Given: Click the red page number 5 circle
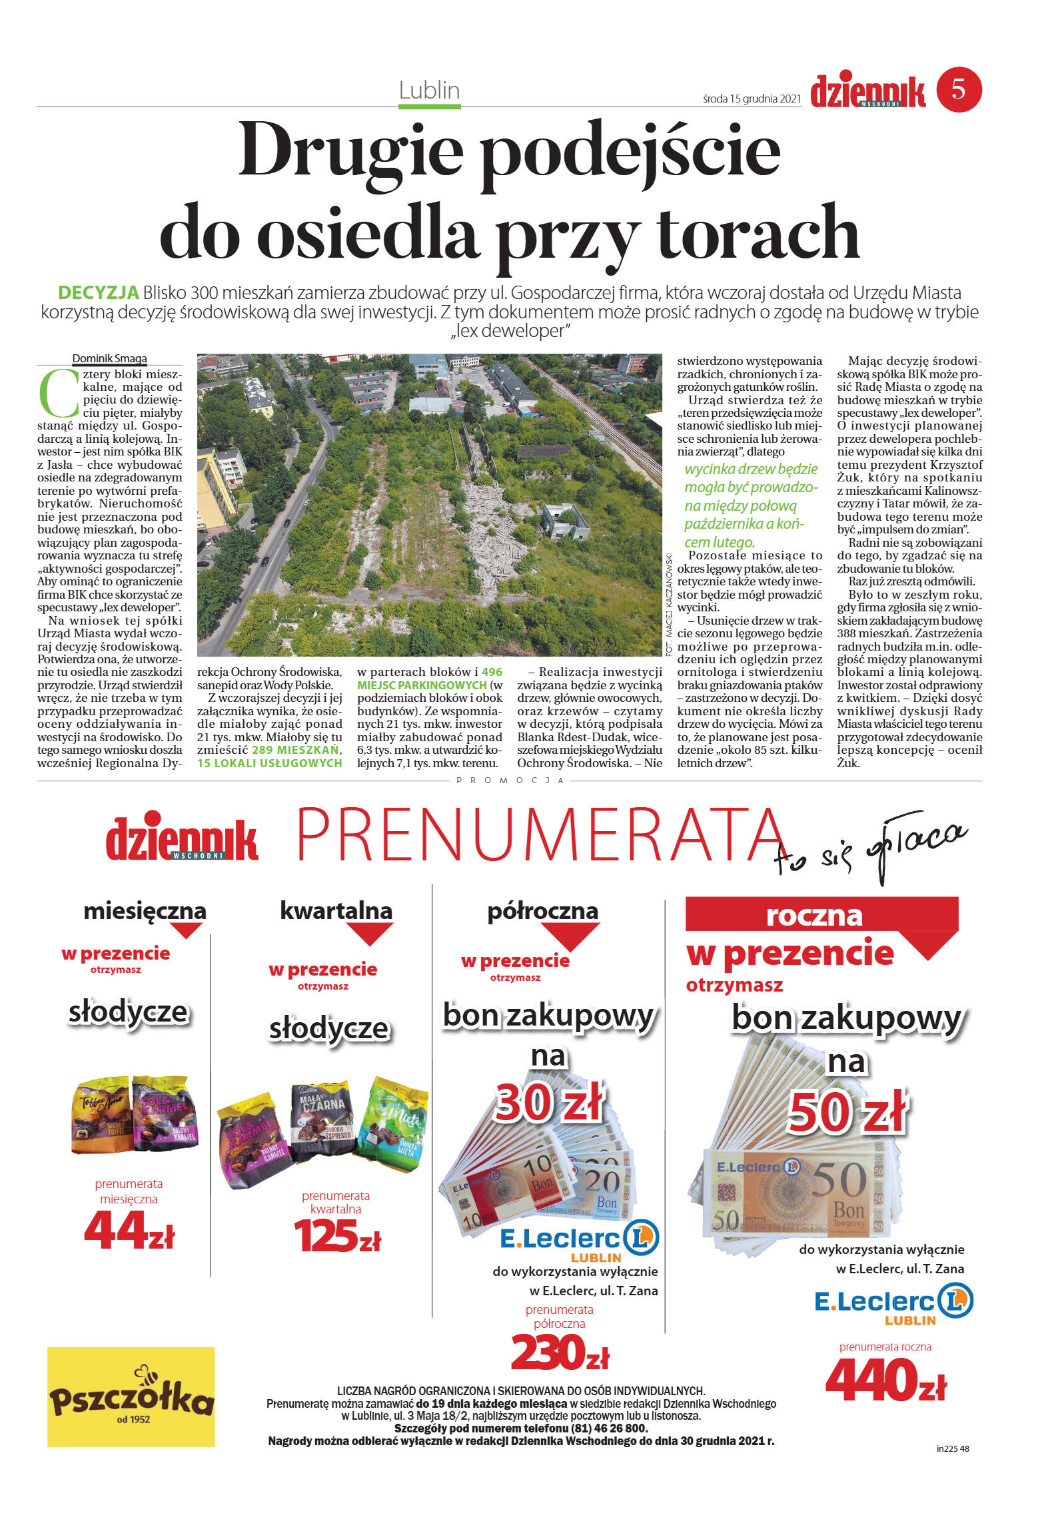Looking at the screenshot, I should pos(959,89).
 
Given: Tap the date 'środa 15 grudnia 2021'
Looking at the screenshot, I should pos(751,99).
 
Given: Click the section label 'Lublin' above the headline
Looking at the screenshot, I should pos(429,91).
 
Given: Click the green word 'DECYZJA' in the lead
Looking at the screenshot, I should pos(98,292).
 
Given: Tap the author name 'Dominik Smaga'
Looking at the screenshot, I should pos(109,358).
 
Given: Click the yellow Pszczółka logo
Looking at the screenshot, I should pos(131,1397).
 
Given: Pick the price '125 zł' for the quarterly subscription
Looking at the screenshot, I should pos(336,1236).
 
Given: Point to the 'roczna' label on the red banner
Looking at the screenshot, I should pos(813,915).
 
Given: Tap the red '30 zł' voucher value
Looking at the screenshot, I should pos(548,1103).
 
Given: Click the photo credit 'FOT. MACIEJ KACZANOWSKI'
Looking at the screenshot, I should pos(669,603).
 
